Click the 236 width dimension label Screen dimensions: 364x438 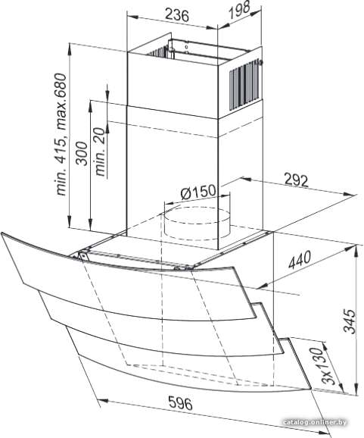177,14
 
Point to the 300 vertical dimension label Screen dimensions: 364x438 82,154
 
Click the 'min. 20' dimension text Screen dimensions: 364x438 101,152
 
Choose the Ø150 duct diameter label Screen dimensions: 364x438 198,192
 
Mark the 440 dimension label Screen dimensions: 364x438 300,260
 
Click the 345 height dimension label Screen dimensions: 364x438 350,321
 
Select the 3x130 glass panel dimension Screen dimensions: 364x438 324,366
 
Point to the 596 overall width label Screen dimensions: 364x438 180,403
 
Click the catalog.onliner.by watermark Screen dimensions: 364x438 315,422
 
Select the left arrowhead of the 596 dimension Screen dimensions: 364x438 104,401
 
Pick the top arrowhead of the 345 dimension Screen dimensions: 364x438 357,249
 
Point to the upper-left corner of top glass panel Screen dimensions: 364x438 2,233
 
